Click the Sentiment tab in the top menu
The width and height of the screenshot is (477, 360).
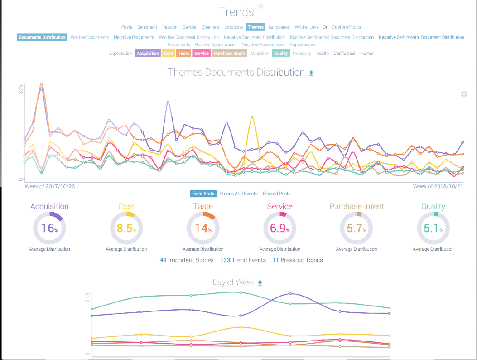click(147, 27)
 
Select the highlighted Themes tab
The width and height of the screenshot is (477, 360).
click(255, 27)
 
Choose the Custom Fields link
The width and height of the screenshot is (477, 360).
click(347, 27)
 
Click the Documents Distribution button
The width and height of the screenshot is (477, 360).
click(42, 37)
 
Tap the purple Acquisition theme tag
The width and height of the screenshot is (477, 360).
click(148, 54)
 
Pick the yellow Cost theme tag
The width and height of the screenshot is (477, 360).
click(169, 54)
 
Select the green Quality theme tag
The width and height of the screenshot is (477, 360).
click(281, 54)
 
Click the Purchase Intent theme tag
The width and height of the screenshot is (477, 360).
click(229, 54)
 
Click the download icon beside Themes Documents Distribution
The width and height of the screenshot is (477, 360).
click(311, 73)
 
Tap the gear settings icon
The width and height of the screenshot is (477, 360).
click(464, 94)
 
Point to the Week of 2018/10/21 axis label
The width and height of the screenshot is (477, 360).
click(438, 186)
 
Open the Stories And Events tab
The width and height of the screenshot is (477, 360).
click(238, 194)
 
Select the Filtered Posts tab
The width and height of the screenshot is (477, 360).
click(277, 194)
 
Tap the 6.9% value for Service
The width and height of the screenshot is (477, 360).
click(279, 228)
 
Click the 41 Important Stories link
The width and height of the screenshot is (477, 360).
click(187, 260)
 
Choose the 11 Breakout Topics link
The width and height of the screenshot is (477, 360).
click(298, 260)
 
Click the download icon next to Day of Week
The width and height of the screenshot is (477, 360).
click(260, 283)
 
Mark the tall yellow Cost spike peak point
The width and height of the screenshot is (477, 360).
click(252, 117)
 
